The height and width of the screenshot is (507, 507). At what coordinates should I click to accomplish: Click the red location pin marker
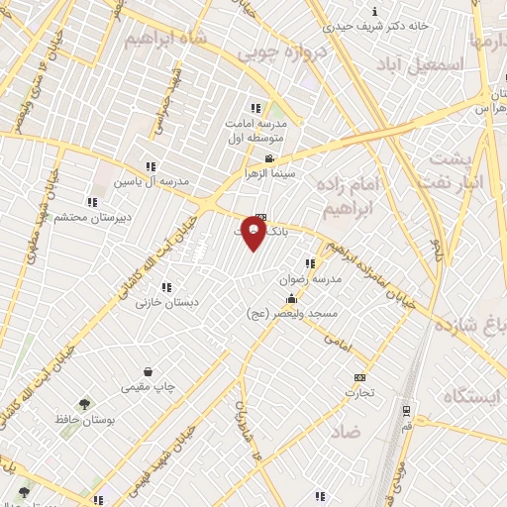(x=254, y=234)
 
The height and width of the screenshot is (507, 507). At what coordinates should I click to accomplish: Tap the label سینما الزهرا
(x=270, y=173)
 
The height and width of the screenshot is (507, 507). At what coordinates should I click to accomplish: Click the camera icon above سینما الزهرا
(x=269, y=158)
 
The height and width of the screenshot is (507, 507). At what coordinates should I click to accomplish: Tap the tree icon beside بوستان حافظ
(x=83, y=404)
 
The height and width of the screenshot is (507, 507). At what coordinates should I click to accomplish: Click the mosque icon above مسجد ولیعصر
(x=291, y=299)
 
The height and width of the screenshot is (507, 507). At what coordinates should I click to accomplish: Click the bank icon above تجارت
(x=359, y=377)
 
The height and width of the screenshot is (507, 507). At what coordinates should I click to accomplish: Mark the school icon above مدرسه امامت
(x=255, y=108)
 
